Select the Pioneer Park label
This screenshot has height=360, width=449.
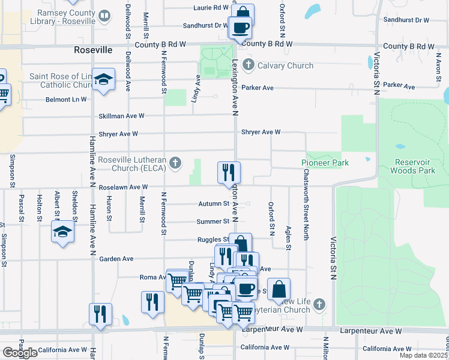[325, 163]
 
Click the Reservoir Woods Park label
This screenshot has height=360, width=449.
[419, 166]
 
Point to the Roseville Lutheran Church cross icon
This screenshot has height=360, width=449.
[175, 163]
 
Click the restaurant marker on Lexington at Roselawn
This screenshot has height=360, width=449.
[229, 172]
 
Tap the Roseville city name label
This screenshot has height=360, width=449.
[93, 50]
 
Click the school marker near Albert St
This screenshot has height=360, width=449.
[62, 232]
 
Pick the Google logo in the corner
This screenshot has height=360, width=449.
[20, 352]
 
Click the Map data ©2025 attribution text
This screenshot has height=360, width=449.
[423, 355]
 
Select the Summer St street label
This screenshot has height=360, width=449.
[213, 221]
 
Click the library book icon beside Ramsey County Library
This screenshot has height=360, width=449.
[104, 16]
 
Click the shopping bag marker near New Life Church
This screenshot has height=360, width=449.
[279, 289]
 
